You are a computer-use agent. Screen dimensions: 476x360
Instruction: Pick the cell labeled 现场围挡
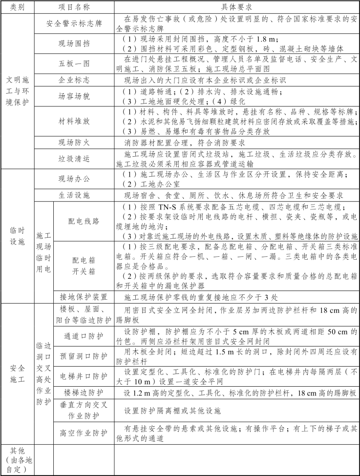74,44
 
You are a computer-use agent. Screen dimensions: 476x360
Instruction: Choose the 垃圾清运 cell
74,159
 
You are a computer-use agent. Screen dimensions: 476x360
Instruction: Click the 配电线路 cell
84,221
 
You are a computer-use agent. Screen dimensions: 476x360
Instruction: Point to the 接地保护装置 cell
84,297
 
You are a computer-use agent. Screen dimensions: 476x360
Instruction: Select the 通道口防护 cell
84,336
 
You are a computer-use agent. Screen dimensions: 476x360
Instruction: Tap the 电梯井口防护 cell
84,376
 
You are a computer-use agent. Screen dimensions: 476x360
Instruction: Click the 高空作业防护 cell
84,433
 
